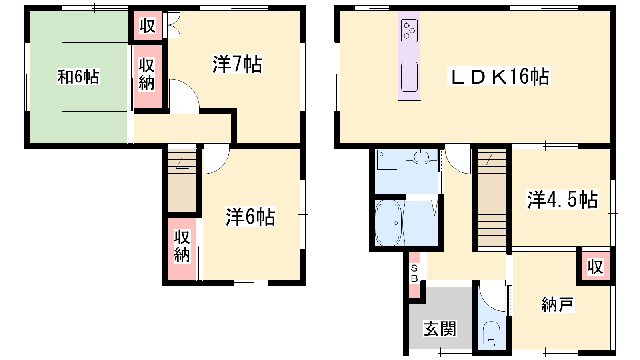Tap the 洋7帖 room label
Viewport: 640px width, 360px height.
tap(237, 64)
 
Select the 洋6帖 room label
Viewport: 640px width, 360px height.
tap(250, 217)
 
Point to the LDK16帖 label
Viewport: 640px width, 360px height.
tap(499, 76)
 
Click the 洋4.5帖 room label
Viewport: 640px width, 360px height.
tap(562, 200)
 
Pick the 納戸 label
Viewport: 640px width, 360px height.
tap(558, 304)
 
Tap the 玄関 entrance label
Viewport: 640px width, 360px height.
tap(440, 329)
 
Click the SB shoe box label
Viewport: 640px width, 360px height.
tap(414, 273)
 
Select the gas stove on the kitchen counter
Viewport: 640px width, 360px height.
tap(409, 30)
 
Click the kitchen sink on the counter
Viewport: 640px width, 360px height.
tap(409, 76)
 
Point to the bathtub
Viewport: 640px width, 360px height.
tap(388, 223)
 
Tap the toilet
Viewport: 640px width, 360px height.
tap(491, 336)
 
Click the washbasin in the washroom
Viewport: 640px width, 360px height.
tap(422, 157)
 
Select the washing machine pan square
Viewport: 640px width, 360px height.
tap(387, 160)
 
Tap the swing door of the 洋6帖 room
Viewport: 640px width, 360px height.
tap(216, 159)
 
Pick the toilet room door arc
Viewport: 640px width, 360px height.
tap(492, 298)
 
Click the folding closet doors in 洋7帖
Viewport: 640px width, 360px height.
tap(172, 25)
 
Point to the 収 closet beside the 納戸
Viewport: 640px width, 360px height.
tap(596, 266)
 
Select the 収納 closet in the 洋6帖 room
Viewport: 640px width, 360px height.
tap(182, 249)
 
